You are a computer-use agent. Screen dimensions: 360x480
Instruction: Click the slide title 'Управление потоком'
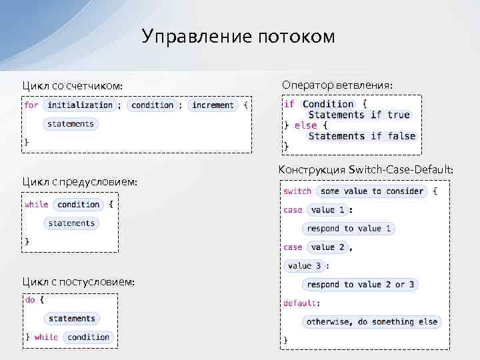pyautogui.click(x=239, y=36)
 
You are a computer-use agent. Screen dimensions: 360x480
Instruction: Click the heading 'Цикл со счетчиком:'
pyautogui.click(x=73, y=86)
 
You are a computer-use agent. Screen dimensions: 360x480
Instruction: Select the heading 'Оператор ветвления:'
pyautogui.click(x=337, y=85)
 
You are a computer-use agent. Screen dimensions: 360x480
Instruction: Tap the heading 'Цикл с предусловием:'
pyautogui.click(x=80, y=181)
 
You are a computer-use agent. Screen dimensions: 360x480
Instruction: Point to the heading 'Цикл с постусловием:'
pyautogui.click(x=79, y=282)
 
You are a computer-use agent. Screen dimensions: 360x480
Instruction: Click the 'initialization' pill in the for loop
pyautogui.click(x=80, y=105)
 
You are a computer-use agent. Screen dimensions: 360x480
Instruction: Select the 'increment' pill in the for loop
pyautogui.click(x=213, y=105)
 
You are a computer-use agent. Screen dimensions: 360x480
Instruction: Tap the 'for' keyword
pyautogui.click(x=31, y=105)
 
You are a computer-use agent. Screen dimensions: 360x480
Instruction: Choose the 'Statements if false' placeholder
pyautogui.click(x=361, y=136)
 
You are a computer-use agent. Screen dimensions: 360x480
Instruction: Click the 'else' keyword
pyautogui.click(x=305, y=125)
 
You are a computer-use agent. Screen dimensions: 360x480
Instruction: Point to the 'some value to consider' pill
pyautogui.click(x=371, y=191)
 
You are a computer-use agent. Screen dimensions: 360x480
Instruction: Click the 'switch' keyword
pyautogui.click(x=297, y=191)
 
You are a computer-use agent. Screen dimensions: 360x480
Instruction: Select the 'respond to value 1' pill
pyautogui.click(x=349, y=229)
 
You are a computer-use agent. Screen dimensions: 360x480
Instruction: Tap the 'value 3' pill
pyautogui.click(x=305, y=265)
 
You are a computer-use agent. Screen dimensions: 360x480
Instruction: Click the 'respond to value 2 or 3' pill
pyautogui.click(x=360, y=285)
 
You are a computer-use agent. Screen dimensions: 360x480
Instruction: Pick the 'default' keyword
pyautogui.click(x=299, y=303)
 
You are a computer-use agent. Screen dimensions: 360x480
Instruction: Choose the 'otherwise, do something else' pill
pyautogui.click(x=371, y=322)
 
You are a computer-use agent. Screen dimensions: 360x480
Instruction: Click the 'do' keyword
pyautogui.click(x=30, y=300)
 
